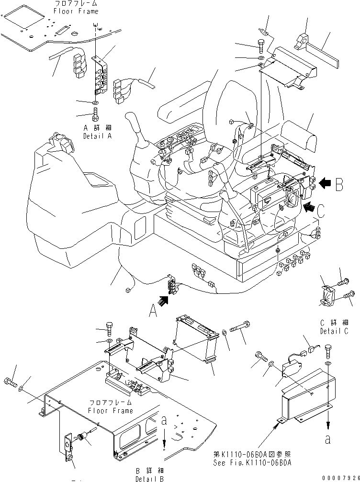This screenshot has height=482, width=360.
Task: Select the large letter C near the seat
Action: pyautogui.click(x=322, y=211)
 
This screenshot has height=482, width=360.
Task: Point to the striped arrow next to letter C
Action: pyautogui.click(x=310, y=207)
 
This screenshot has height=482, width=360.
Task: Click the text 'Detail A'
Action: pyautogui.click(x=97, y=136)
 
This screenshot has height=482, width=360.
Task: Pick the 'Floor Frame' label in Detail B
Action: pyautogui.click(x=111, y=411)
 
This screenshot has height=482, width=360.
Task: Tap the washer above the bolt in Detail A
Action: pyautogui.click(x=95, y=103)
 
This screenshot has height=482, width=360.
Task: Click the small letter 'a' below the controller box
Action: pyautogui.click(x=327, y=440)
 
